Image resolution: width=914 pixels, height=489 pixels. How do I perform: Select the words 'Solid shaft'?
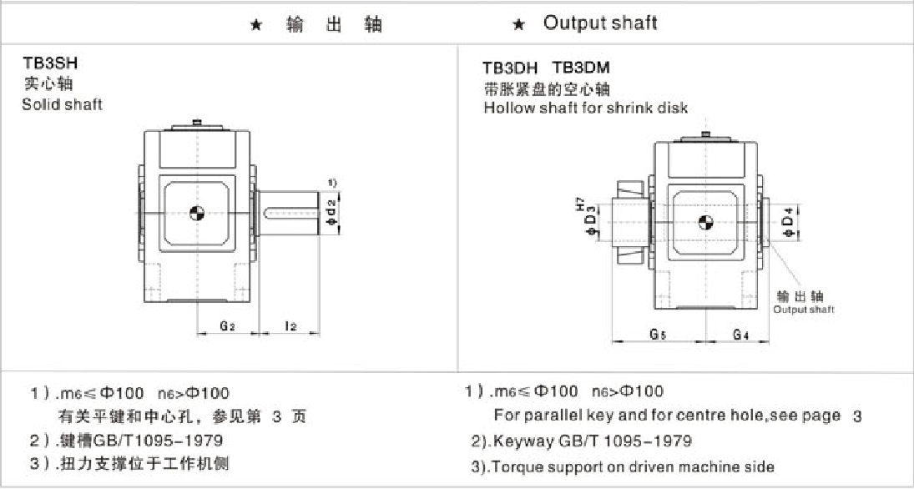click(x=63, y=104)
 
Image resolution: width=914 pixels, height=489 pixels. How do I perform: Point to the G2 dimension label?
click(x=226, y=326)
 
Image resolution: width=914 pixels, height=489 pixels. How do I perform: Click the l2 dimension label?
click(x=290, y=326)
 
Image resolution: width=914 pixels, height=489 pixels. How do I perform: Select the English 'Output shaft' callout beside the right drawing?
click(x=803, y=310)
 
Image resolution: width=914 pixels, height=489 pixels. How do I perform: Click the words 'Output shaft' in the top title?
click(x=600, y=23)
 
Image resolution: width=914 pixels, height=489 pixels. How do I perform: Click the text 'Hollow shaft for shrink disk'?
click(x=586, y=108)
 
